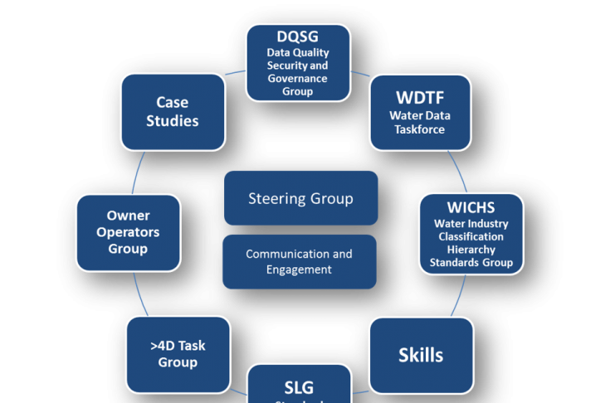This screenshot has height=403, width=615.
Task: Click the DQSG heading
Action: [297, 36]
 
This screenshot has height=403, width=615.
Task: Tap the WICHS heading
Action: [471, 206]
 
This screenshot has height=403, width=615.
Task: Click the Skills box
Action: [421, 355]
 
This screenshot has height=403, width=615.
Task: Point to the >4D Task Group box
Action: [178, 354]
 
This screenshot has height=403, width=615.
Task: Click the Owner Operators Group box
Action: [128, 232]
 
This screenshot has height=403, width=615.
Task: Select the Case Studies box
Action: [173, 111]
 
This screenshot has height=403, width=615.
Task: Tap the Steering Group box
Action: [300, 198]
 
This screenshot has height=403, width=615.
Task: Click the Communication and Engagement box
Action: [300, 262]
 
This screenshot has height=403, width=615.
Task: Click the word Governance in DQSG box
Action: [297, 79]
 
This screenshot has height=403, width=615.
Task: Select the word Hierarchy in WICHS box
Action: [471, 250]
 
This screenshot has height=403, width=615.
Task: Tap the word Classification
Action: [471, 236]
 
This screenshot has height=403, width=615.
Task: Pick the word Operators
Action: [128, 232]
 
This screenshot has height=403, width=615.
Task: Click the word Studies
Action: [173, 121]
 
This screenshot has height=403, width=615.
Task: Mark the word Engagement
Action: [300, 269]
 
